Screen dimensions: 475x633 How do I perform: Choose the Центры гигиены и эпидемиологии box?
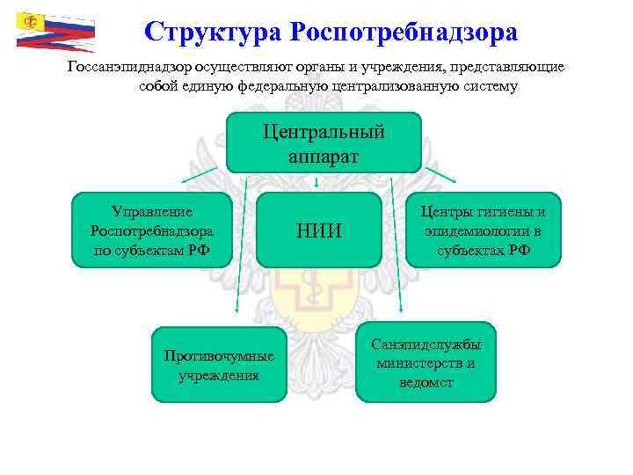[x=483, y=230]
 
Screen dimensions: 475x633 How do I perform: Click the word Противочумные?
[x=219, y=356]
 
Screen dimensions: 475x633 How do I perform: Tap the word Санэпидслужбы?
[x=426, y=345]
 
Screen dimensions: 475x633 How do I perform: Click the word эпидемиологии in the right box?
[x=483, y=231]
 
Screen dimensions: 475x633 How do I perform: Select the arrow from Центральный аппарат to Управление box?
[x=202, y=180]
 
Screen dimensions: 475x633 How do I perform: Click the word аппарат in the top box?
[x=324, y=155]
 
